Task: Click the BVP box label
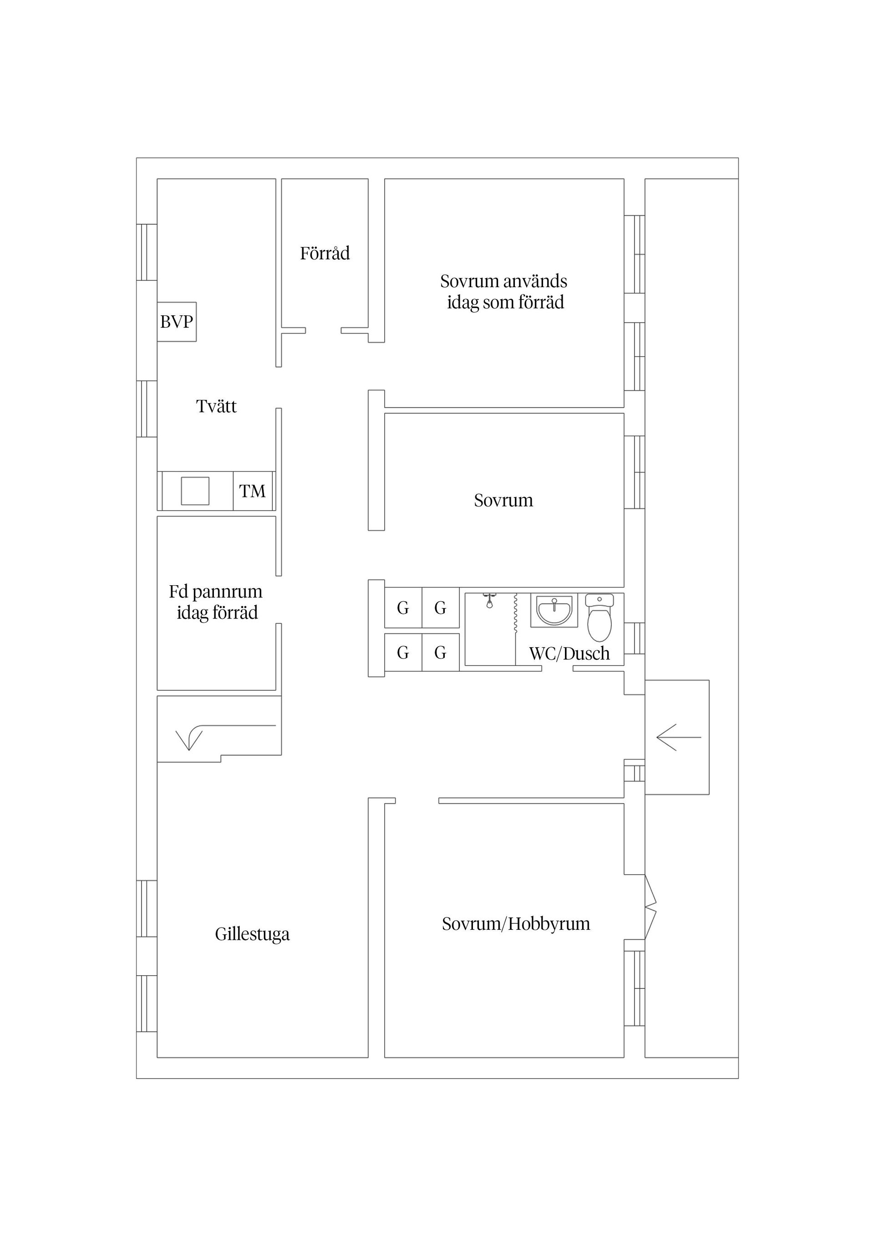pyautogui.click(x=177, y=322)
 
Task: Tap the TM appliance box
pyautogui.click(x=253, y=491)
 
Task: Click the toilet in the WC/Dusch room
pyautogui.click(x=600, y=618)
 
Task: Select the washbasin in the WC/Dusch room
pyautogui.click(x=554, y=610)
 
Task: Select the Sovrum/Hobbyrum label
pyautogui.click(x=516, y=924)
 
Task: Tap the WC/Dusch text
pyautogui.click(x=570, y=653)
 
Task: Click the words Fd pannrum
pyautogui.click(x=215, y=592)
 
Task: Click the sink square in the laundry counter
pyautogui.click(x=195, y=491)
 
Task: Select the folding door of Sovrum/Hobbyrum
pyautogui.click(x=650, y=907)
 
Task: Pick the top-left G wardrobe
pyautogui.click(x=403, y=608)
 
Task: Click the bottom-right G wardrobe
pyautogui.click(x=441, y=653)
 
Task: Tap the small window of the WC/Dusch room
pyautogui.click(x=635, y=638)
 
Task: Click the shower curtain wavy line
pyautogui.click(x=515, y=612)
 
